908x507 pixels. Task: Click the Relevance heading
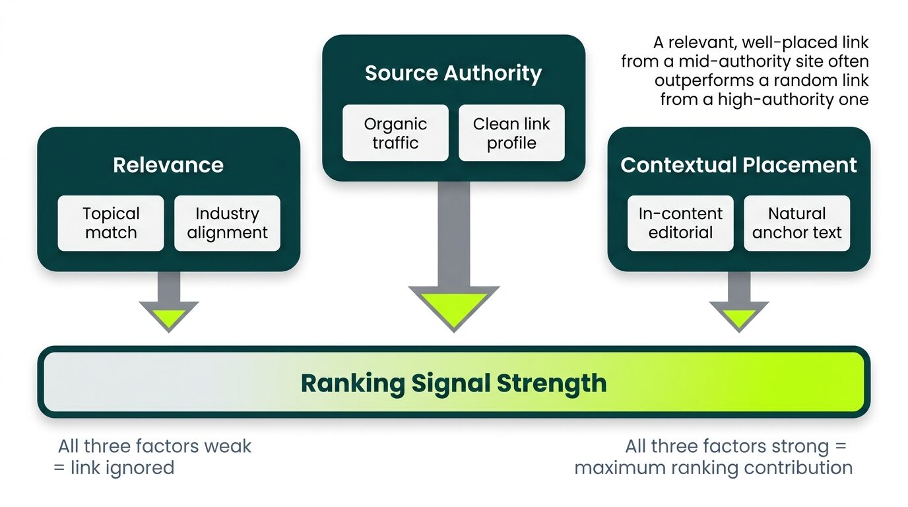tap(168, 165)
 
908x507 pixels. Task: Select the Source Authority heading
tap(453, 73)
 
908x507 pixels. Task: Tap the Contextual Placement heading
tap(738, 165)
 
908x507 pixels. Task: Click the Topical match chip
tap(111, 223)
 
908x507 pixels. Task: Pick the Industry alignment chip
tap(227, 223)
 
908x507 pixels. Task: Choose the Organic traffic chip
tap(395, 133)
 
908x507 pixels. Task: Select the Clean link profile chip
tap(511, 133)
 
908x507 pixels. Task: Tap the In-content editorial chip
tap(680, 223)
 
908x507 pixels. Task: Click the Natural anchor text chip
tap(796, 223)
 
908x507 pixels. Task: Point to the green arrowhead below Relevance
tap(169, 316)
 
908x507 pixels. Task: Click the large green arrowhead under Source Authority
tap(454, 307)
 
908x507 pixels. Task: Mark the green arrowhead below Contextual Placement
tap(739, 316)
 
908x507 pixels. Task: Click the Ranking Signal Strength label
tap(453, 383)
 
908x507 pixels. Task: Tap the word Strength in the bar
tap(551, 383)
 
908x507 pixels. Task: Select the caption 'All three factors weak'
tap(154, 446)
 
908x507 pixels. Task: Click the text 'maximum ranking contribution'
tap(713, 468)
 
